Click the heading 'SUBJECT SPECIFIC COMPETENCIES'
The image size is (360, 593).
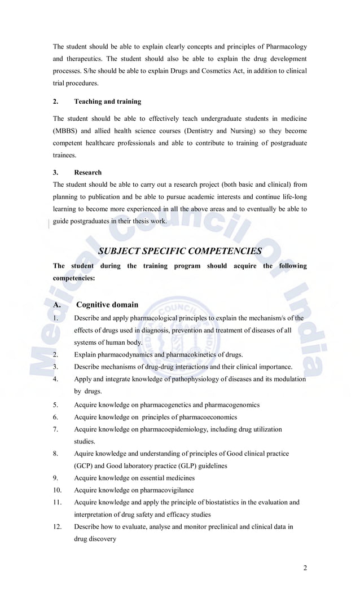pos(180,251)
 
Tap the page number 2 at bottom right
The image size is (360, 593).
pos(305,568)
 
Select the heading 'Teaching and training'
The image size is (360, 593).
pos(108,102)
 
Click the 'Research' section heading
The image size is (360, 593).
pos(88,172)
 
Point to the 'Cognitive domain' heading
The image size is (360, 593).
pos(107,305)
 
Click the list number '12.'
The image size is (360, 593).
pos(58,526)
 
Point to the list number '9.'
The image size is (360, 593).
pos(56,478)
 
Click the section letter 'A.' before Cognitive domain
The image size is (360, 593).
pos(57,305)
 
